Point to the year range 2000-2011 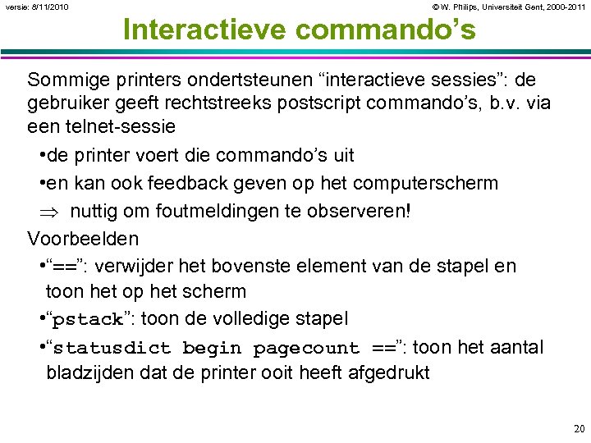click(x=567, y=7)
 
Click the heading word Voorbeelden click(x=83, y=239)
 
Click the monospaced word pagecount click(x=306, y=348)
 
